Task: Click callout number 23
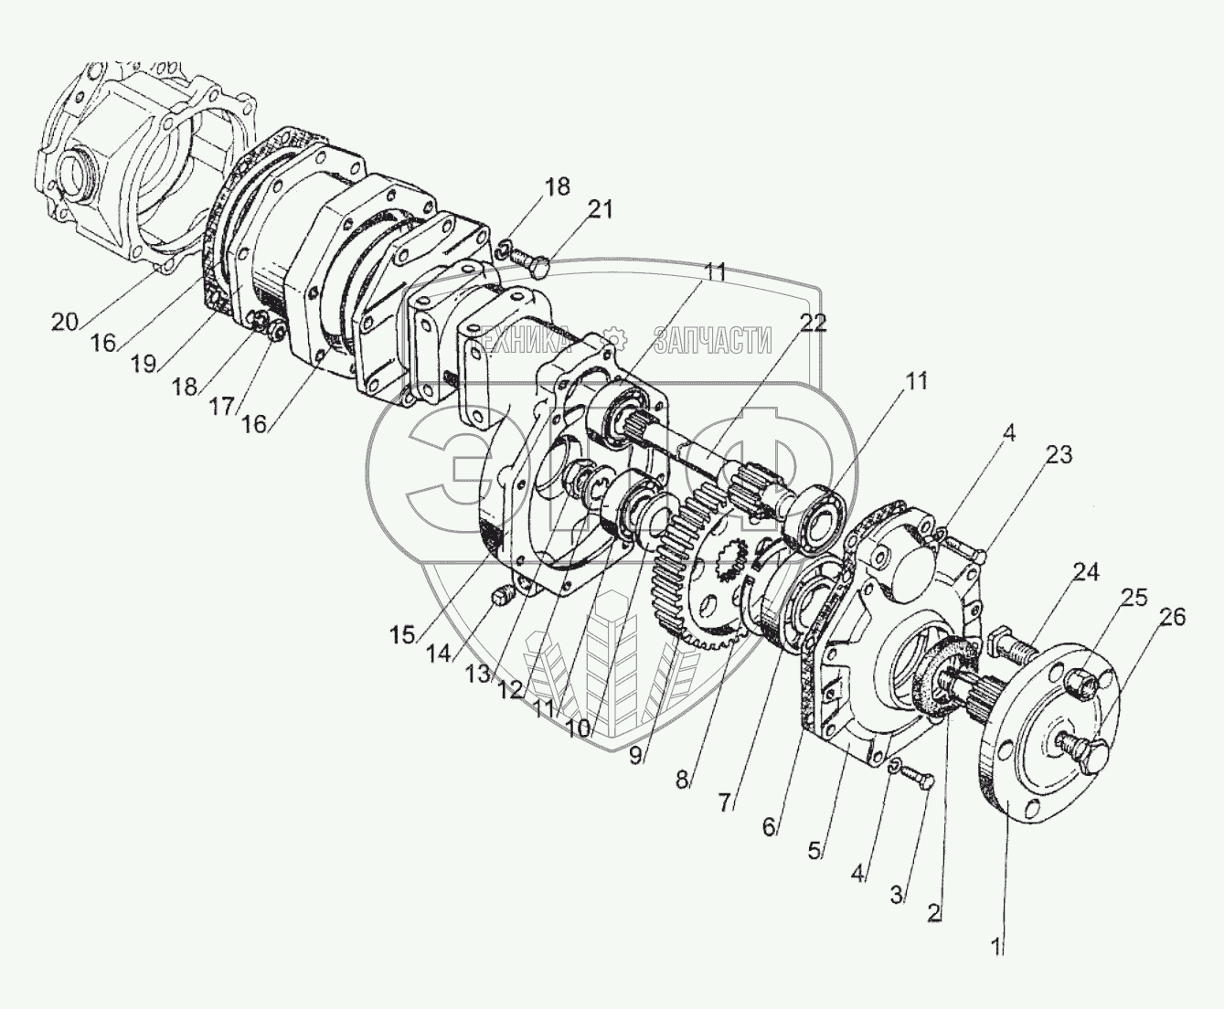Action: coord(1059,455)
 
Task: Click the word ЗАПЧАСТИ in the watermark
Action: coord(712,341)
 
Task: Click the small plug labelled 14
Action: coord(500,597)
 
